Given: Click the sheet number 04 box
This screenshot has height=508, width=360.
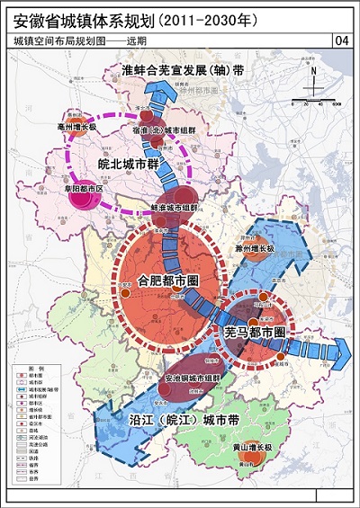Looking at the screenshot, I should (x=341, y=40).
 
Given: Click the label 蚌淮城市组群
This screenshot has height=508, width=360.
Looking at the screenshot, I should (x=178, y=206).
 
